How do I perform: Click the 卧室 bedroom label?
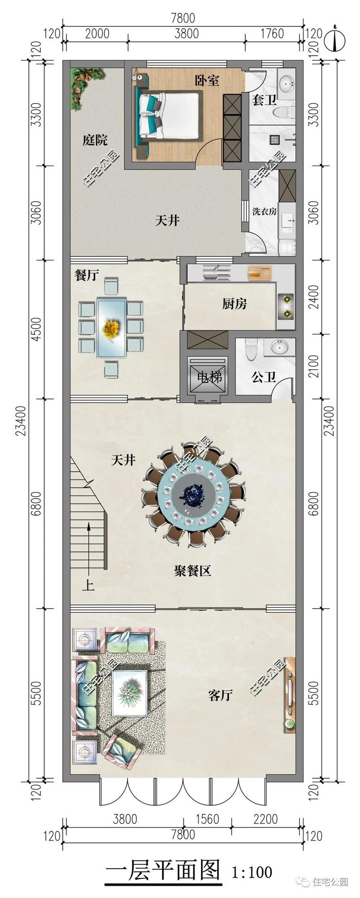207,80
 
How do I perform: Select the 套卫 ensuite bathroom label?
264,100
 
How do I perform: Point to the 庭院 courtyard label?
95,139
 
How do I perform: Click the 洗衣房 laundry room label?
265,211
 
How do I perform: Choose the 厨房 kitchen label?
235,304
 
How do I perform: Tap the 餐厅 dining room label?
86,275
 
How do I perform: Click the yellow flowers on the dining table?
111,328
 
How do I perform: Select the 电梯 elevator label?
210,377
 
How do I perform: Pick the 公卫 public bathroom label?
264,377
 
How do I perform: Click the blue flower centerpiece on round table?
194,495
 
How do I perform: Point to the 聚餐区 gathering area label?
192,571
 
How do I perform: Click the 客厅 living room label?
221,695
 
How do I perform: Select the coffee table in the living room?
130,693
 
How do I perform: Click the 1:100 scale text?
252,871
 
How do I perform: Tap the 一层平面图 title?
163,870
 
